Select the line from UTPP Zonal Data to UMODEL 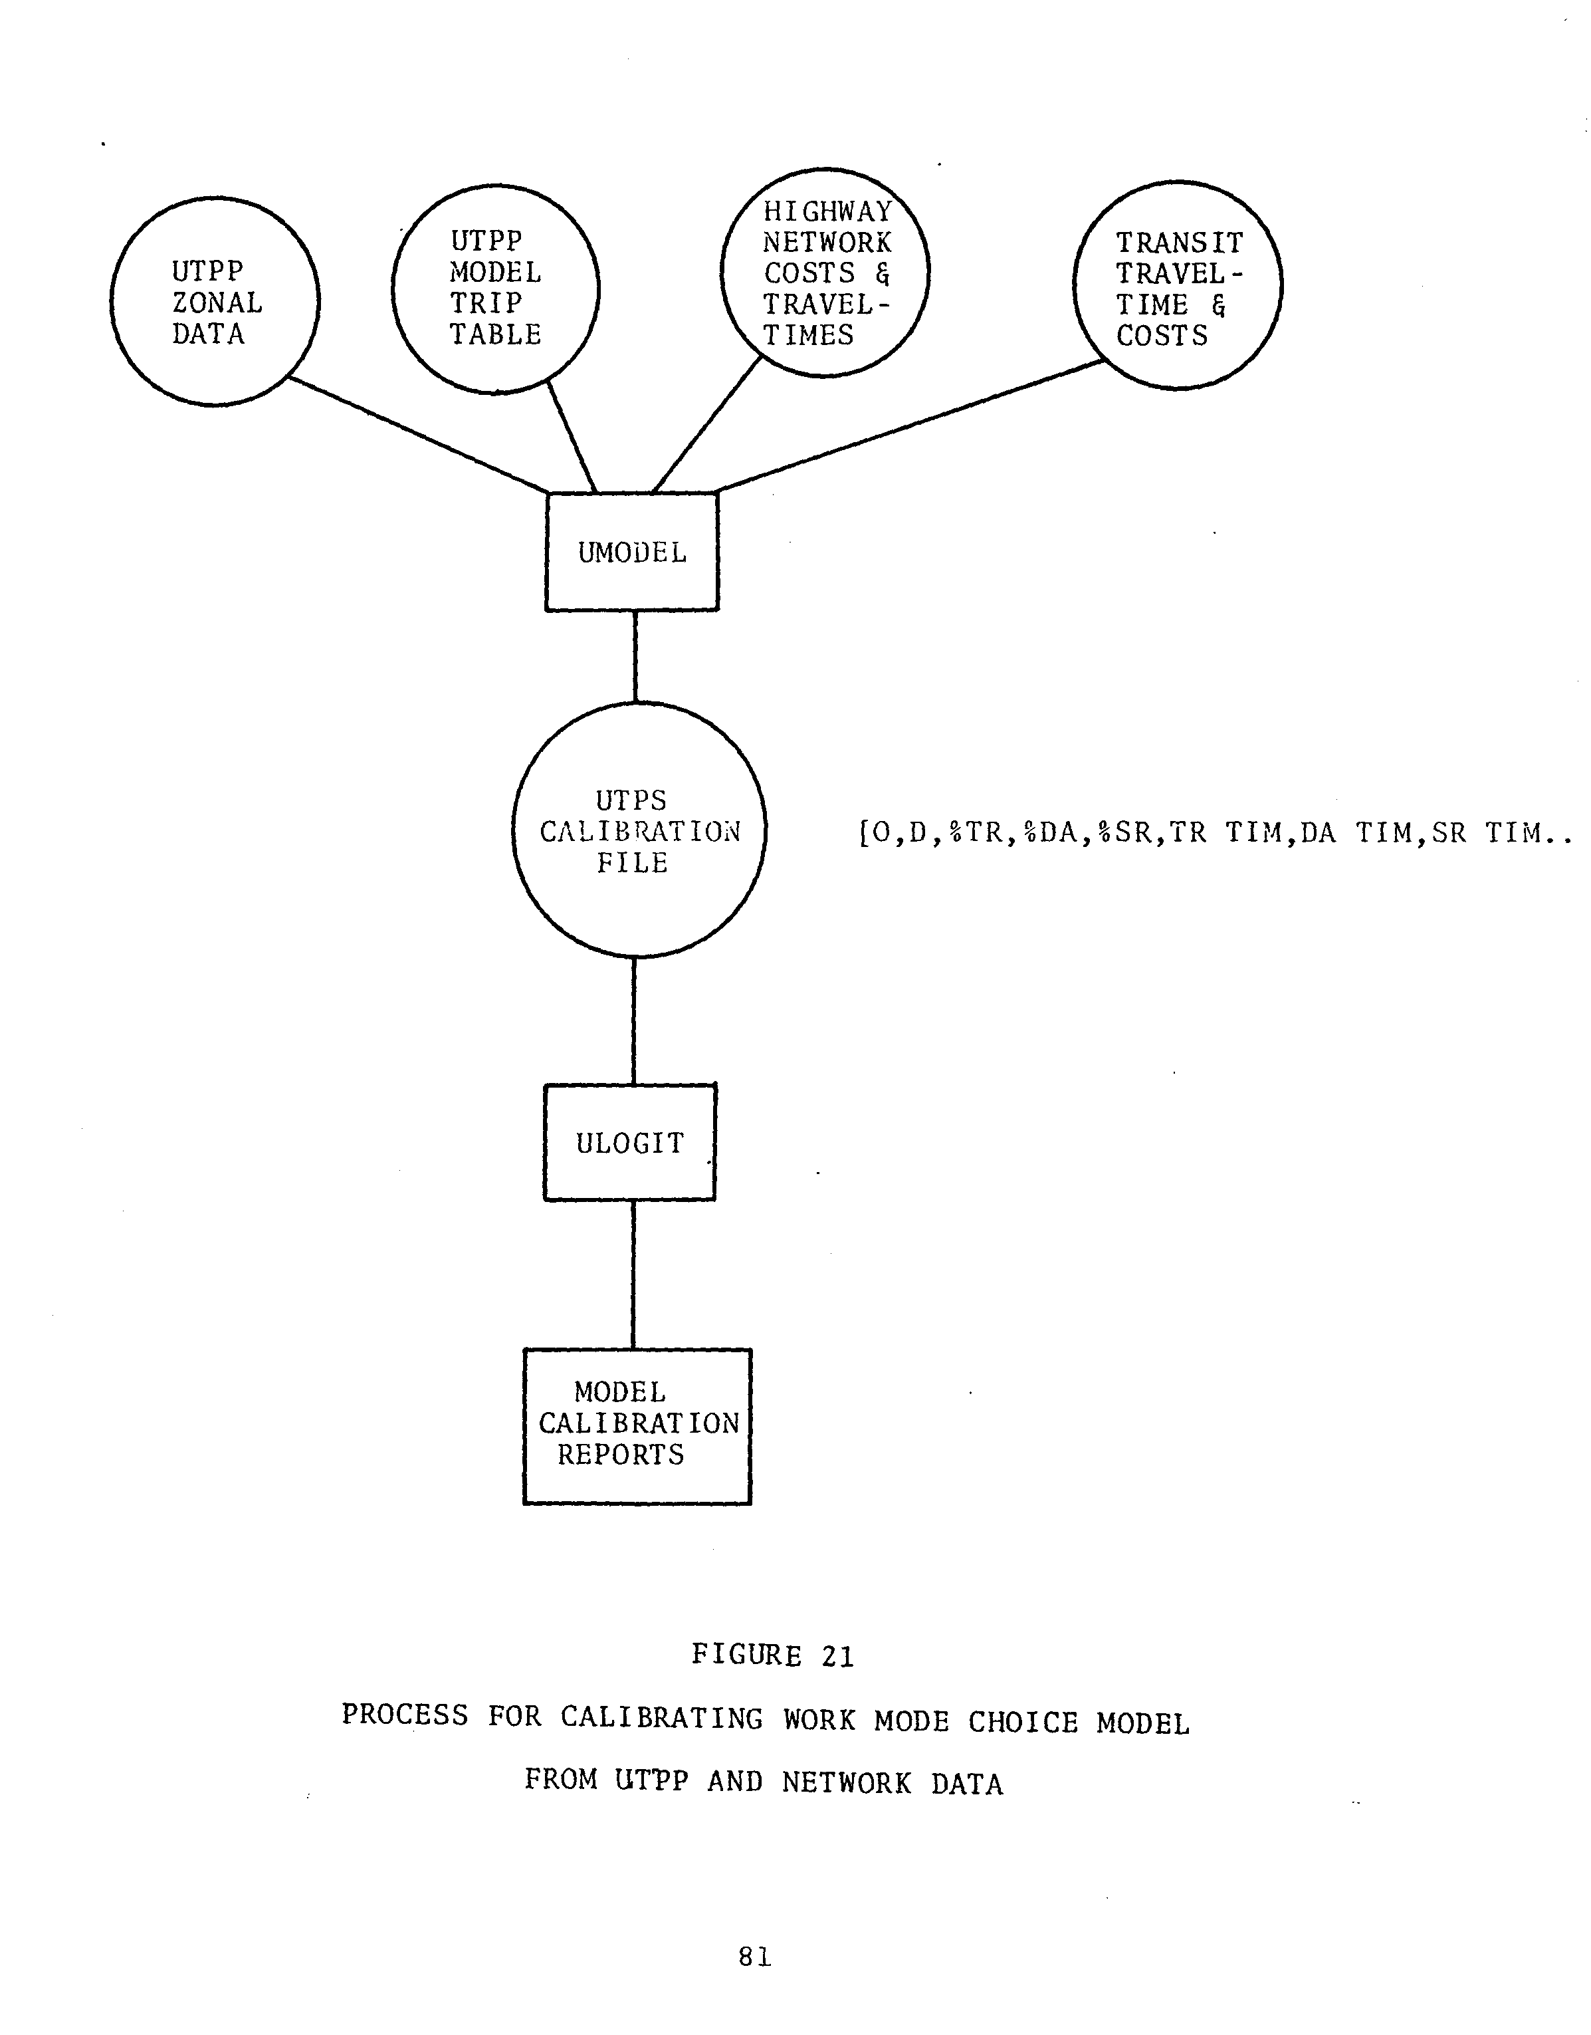pos(418,434)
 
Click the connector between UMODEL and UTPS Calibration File pos(635,657)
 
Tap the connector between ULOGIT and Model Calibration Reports pos(633,1274)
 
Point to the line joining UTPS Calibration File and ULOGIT pos(635,1020)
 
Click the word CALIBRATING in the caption pos(661,1717)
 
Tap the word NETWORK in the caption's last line pos(847,1782)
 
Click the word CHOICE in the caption pos(1023,1722)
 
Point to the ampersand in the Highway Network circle pos(882,273)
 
